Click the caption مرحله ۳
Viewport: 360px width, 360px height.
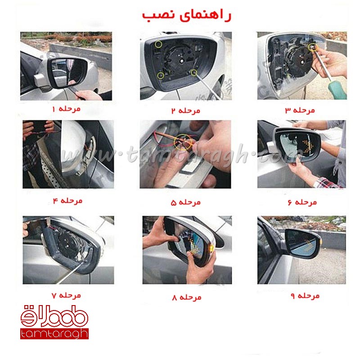(300, 110)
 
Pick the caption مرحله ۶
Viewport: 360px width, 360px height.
(302, 202)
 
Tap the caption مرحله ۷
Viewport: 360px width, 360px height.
(66, 295)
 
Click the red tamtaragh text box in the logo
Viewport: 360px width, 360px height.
(54, 333)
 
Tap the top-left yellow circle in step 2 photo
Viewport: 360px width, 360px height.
(158, 45)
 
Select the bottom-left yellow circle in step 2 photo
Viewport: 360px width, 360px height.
(160, 76)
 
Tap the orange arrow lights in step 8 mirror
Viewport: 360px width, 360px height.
(195, 247)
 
